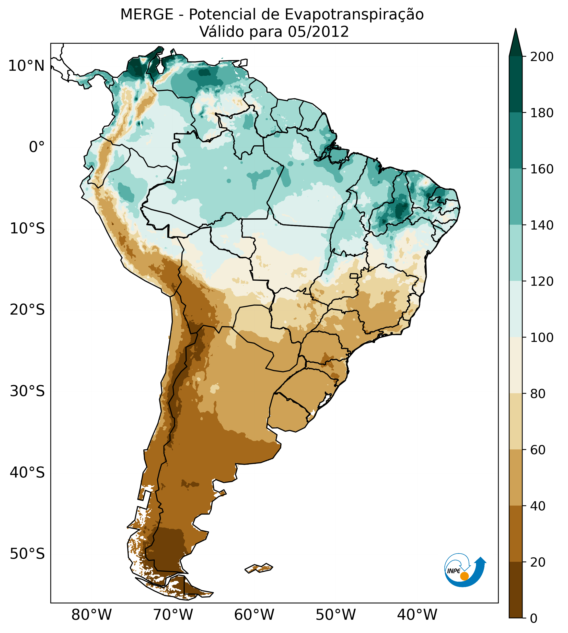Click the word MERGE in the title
pos(147,15)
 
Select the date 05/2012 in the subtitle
pos(318,32)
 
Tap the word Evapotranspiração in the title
pos(354,15)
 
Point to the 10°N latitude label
pos(26,66)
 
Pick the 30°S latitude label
pos(27,391)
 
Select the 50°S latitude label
pos(27,554)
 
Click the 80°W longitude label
pos(91,615)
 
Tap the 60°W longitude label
pos(254,615)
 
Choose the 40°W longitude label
pos(417,615)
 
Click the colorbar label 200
pos(542,57)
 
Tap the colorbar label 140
pos(542,225)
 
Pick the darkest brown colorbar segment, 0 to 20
pos(516,590)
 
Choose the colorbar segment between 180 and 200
pos(516,85)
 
